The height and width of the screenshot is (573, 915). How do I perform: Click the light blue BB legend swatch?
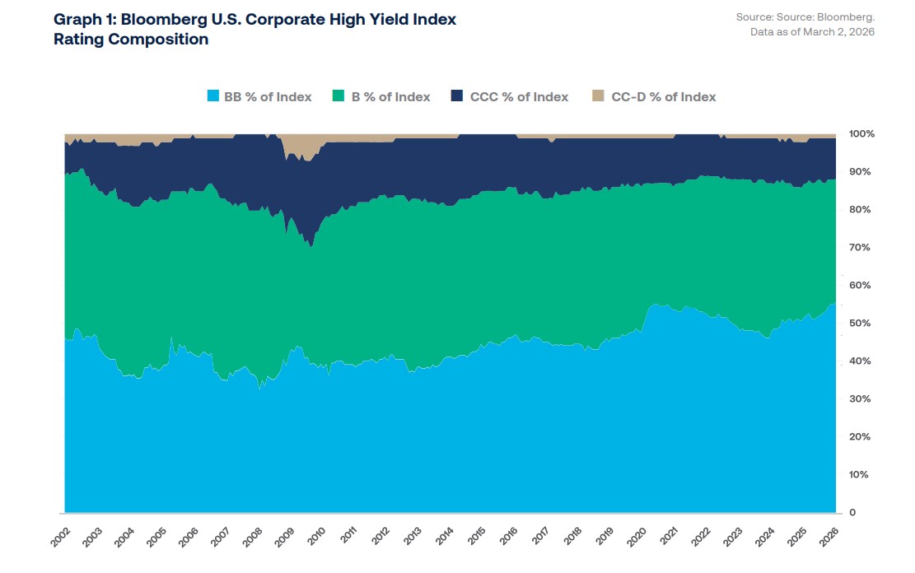213,97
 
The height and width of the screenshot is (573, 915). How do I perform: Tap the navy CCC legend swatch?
457,97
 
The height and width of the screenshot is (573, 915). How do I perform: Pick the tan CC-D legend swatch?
599,97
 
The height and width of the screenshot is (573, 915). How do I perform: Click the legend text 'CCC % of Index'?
519,97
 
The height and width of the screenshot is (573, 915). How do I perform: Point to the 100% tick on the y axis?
861,133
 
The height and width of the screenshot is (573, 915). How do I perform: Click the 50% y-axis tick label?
859,324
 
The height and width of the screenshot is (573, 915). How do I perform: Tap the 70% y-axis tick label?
859,247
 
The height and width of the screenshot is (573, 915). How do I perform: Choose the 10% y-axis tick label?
859,475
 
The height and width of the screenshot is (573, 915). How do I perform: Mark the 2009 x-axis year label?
283,538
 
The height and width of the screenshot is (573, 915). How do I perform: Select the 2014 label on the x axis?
443,538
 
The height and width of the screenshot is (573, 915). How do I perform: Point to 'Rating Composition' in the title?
130,39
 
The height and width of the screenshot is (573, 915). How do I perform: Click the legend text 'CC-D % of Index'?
663,97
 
